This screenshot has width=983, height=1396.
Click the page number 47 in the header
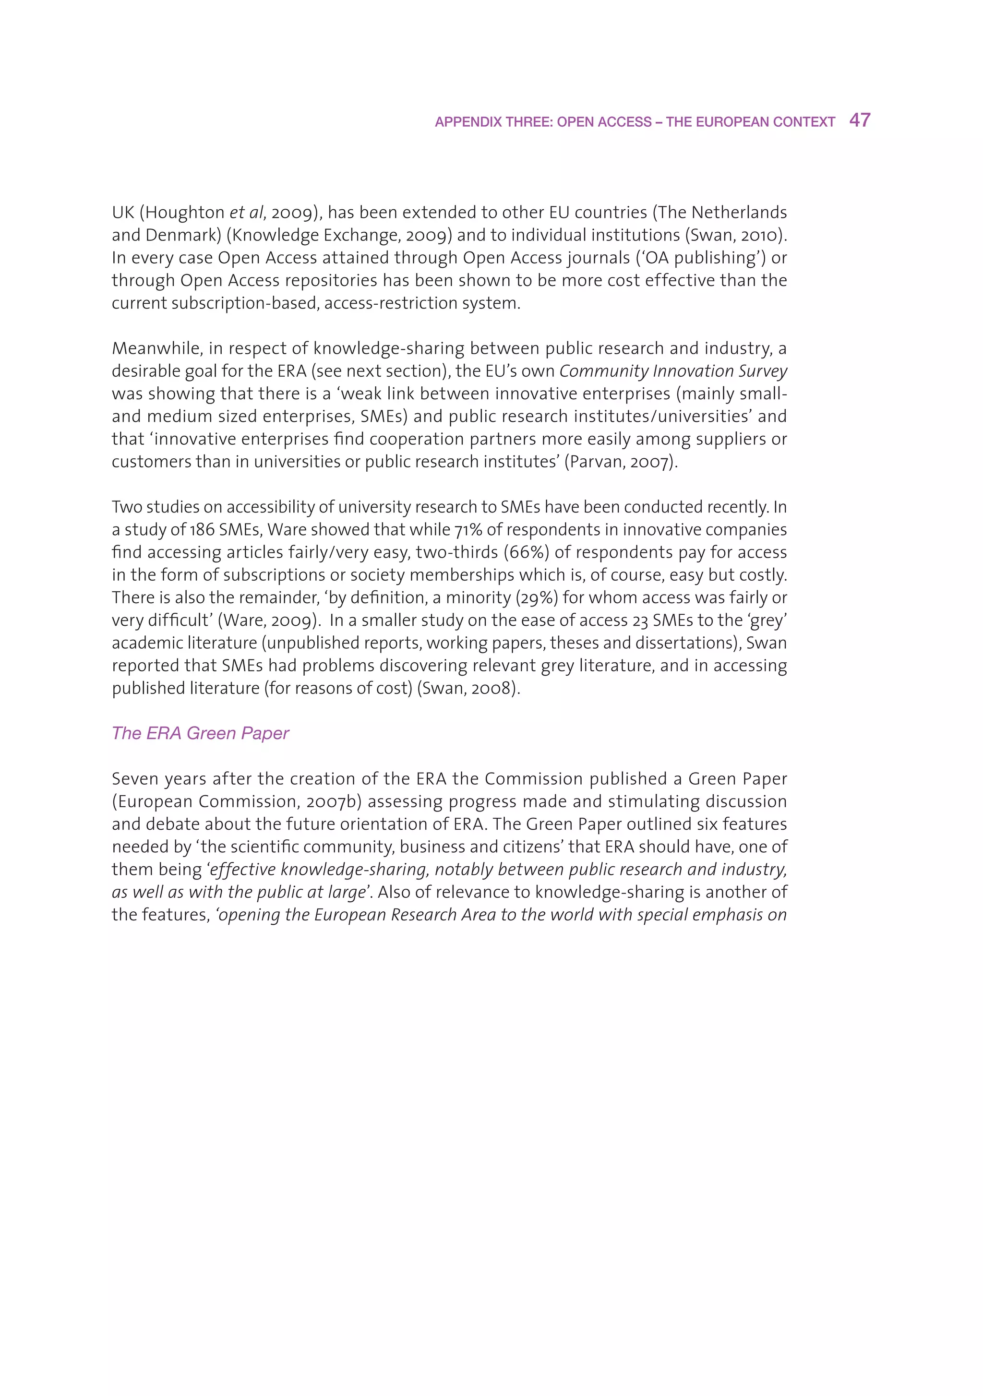[860, 120]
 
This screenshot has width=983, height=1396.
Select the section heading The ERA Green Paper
[200, 733]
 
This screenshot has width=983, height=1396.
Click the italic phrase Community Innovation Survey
[673, 371]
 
